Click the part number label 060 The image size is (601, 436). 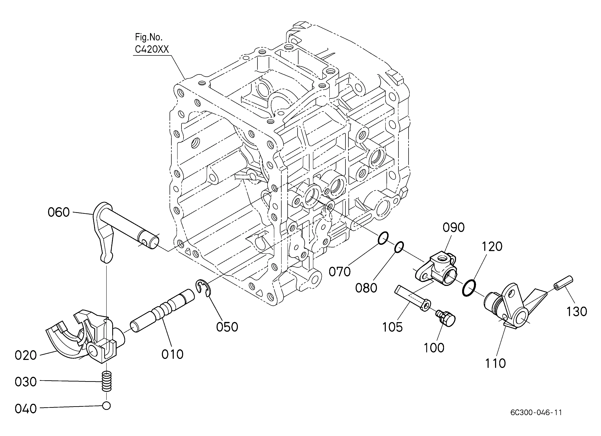click(x=59, y=212)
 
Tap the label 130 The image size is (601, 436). click(x=577, y=312)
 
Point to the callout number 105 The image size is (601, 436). click(x=392, y=327)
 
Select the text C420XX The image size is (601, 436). click(x=152, y=49)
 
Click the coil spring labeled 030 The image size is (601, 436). click(x=106, y=382)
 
